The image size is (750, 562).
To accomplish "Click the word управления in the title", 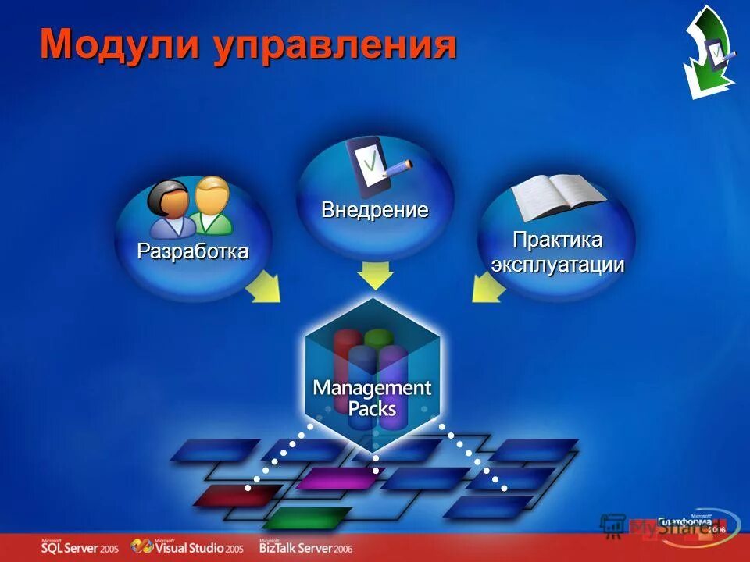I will tap(333, 46).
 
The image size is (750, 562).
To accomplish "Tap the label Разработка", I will tap(193, 251).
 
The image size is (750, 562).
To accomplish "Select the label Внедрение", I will tap(375, 210).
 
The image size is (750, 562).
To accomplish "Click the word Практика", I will tap(557, 239).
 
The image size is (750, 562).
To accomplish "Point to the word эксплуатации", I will tap(557, 264).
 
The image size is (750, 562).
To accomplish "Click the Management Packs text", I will tap(372, 397).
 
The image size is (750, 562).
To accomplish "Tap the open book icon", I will tap(556, 197).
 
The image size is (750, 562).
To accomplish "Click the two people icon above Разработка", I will tap(191, 207).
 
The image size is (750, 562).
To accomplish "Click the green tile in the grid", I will tap(307, 517).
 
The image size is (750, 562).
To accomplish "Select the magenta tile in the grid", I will tap(336, 478).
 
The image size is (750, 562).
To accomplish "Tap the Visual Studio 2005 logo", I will tap(187, 546).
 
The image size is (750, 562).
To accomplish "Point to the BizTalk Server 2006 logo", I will tap(306, 546).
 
